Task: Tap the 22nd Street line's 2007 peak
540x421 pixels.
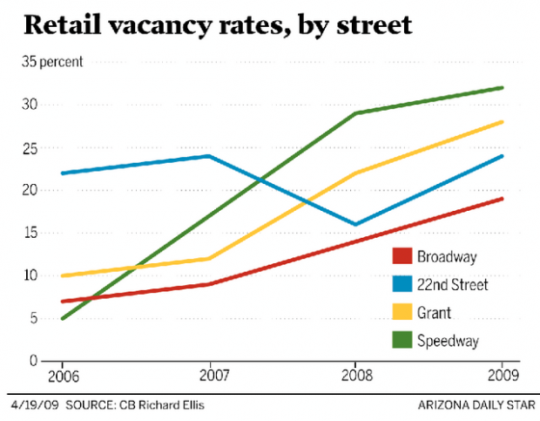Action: [x=209, y=156]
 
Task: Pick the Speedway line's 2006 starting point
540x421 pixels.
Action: [x=62, y=318]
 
